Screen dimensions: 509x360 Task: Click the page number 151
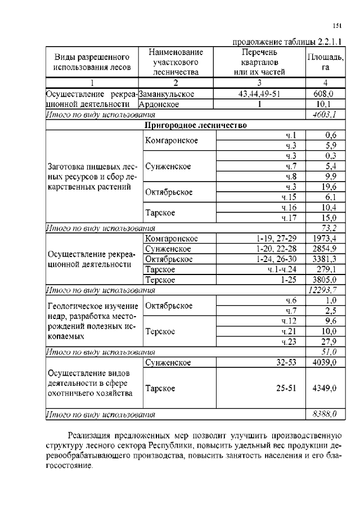coord(337,25)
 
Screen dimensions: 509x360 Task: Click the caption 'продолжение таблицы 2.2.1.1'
coord(288,40)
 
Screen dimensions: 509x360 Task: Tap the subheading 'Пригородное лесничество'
coord(196,125)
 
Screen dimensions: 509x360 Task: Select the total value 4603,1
coord(325,114)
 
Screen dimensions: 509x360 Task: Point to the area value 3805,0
coord(325,280)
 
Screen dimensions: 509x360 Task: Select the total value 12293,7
coord(323,290)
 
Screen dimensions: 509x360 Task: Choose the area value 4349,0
coord(325,388)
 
